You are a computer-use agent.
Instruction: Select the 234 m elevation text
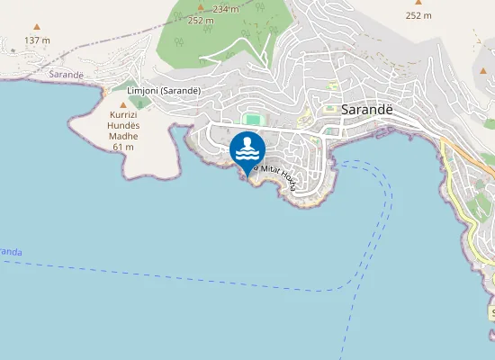coord(226,9)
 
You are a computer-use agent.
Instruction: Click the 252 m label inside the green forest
coord(201,20)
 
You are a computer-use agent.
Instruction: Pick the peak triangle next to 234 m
coord(201,6)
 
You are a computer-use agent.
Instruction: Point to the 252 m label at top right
coord(418,15)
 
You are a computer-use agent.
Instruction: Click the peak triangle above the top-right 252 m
coord(418,3)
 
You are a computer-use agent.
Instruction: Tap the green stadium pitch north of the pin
coord(254,119)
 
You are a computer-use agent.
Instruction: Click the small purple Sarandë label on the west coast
coord(67,74)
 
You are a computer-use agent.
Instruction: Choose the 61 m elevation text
coord(123,147)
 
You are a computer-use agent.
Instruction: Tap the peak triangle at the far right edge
coord(482,69)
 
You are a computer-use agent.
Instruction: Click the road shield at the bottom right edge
coord(491,313)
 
